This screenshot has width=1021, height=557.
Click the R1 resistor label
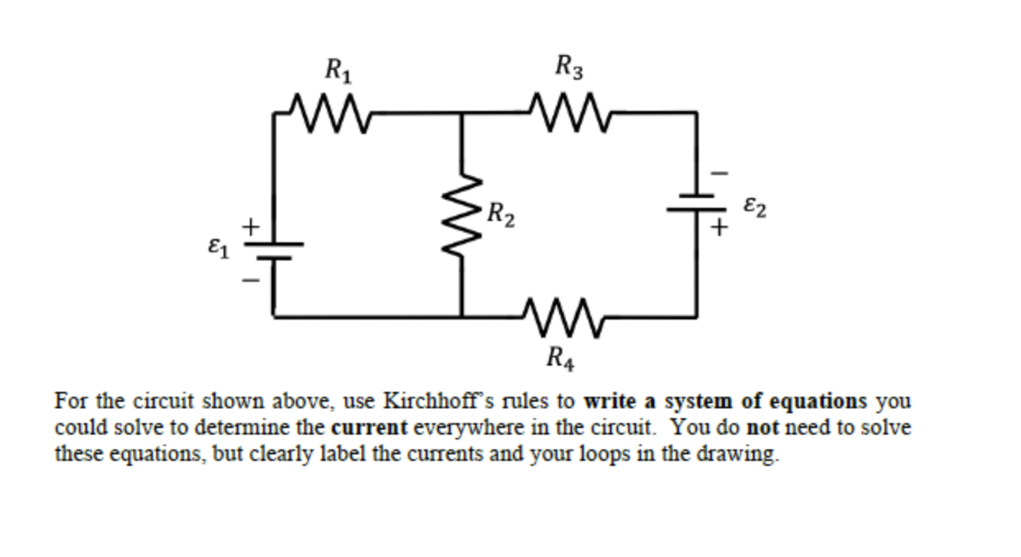pos(338,71)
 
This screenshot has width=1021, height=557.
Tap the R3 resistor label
pos(570,66)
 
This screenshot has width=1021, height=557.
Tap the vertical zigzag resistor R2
pos(461,215)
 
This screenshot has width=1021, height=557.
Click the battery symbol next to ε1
pos(274,250)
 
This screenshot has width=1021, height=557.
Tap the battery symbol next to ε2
pos(696,203)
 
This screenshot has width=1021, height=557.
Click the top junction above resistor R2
pos(461,113)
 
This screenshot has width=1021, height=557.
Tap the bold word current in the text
pos(369,428)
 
